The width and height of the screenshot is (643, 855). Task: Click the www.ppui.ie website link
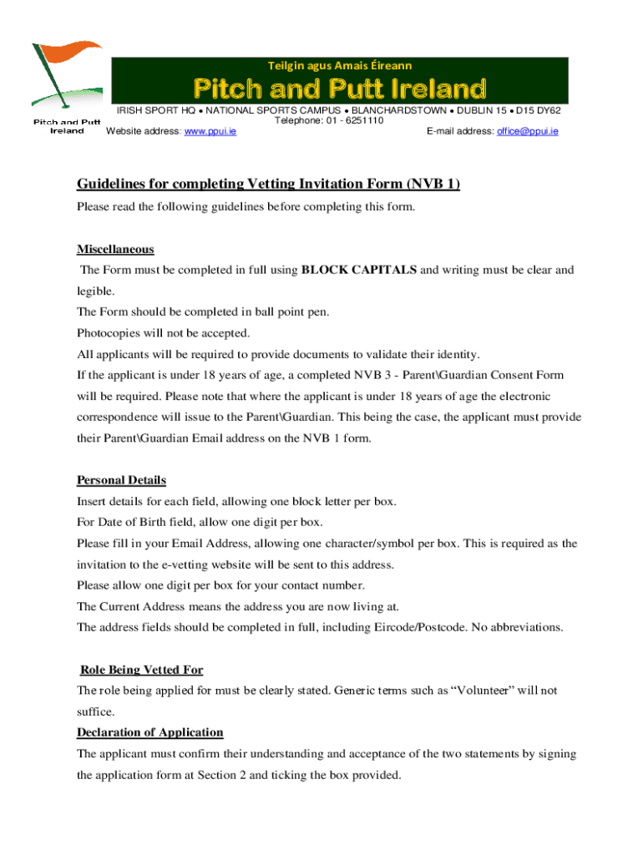[210, 132]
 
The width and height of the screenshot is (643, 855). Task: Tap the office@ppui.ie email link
[527, 132]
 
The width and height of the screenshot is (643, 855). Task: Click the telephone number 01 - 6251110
[355, 121]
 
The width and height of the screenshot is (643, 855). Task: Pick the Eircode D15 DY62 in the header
[539, 110]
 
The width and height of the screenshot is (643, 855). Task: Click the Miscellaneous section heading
[115, 250]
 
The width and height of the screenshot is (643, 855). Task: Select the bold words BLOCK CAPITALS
[358, 270]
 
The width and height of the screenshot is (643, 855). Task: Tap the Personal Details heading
[121, 480]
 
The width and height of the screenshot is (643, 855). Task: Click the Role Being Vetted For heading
[141, 670]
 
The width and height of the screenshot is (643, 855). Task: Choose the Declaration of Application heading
[149, 732]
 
